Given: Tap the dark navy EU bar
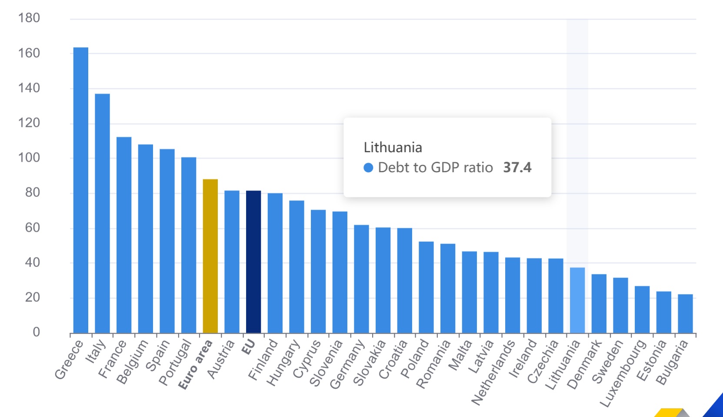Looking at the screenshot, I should pos(253,261).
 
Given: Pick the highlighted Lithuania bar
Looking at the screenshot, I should pos(577,300).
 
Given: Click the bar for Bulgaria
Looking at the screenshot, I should pos(685,314).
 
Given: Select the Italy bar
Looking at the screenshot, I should pos(103,213).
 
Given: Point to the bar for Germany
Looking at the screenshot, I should pos(361,279).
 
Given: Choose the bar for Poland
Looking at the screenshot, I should pos(426,287).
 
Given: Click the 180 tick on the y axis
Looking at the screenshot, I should pos(29,18).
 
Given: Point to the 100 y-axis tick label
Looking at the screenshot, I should pos(29,157).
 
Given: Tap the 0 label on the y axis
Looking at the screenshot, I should pos(36,332).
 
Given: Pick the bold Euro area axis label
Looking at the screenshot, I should pos(196,364).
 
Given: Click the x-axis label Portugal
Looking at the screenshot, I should pos(175,362).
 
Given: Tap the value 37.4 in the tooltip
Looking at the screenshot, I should pos(517,167).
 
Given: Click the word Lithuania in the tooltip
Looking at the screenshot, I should pos(393,147).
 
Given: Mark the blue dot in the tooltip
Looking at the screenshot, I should pos(368,168).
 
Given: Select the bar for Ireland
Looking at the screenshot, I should pos(534,296).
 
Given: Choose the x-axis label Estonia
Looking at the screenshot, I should pos(651,360).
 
